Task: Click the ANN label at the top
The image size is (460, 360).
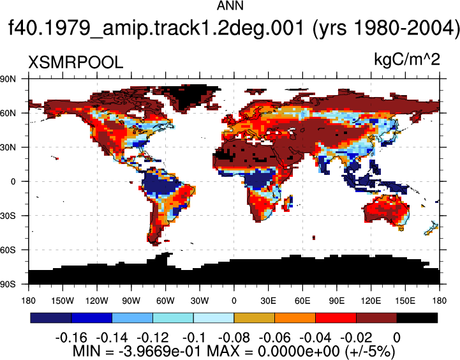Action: [x=230, y=6]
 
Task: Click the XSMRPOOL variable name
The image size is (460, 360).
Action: [x=75, y=63]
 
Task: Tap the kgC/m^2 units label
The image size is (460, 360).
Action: [x=407, y=59]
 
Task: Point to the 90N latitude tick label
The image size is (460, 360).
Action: [x=8, y=79]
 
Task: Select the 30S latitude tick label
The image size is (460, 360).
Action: [x=8, y=216]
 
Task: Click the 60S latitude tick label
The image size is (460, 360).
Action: [x=8, y=250]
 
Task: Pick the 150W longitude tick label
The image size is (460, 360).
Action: [x=63, y=301]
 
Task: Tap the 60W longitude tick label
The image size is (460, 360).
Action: [x=165, y=301]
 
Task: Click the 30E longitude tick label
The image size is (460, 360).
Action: [x=268, y=301]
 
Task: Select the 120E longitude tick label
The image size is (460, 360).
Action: [x=371, y=301]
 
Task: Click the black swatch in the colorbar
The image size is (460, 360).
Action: [x=417, y=318]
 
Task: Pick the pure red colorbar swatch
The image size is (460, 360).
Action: [x=336, y=318]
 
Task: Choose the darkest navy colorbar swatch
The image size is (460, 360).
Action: [x=51, y=318]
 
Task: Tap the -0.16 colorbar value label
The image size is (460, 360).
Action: [x=71, y=338]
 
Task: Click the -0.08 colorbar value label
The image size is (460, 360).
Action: [x=234, y=338]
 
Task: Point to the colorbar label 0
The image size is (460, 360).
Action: [x=397, y=338]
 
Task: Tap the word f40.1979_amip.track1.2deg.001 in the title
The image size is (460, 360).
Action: [x=156, y=29]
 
